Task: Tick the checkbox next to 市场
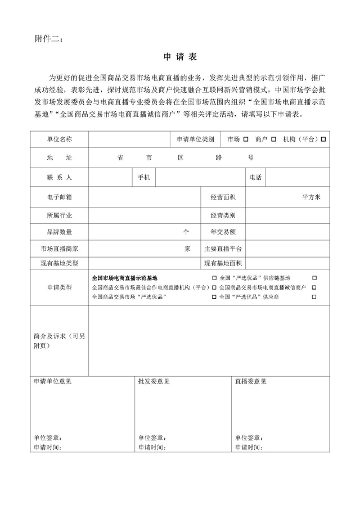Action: (245, 139)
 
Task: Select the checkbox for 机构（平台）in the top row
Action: (323, 139)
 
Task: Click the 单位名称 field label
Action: (60, 139)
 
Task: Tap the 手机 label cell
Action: (144, 177)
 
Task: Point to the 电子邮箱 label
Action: (60, 197)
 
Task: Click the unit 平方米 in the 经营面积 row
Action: (310, 197)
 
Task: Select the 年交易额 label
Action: (223, 231)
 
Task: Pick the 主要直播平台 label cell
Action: (223, 248)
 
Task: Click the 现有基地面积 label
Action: (223, 263)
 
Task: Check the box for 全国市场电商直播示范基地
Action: (214, 278)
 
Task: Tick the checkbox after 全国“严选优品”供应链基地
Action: (314, 278)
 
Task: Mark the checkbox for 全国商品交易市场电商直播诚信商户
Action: (314, 287)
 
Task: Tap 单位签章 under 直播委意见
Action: (249, 438)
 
